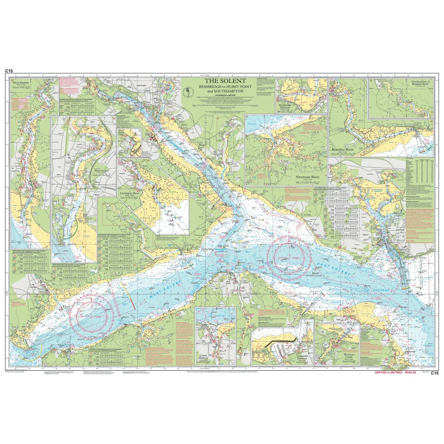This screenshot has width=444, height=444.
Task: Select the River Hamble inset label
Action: [x=23, y=83]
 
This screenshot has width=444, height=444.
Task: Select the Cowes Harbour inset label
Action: [x=204, y=356]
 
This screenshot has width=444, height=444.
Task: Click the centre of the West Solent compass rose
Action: [x=94, y=315]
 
